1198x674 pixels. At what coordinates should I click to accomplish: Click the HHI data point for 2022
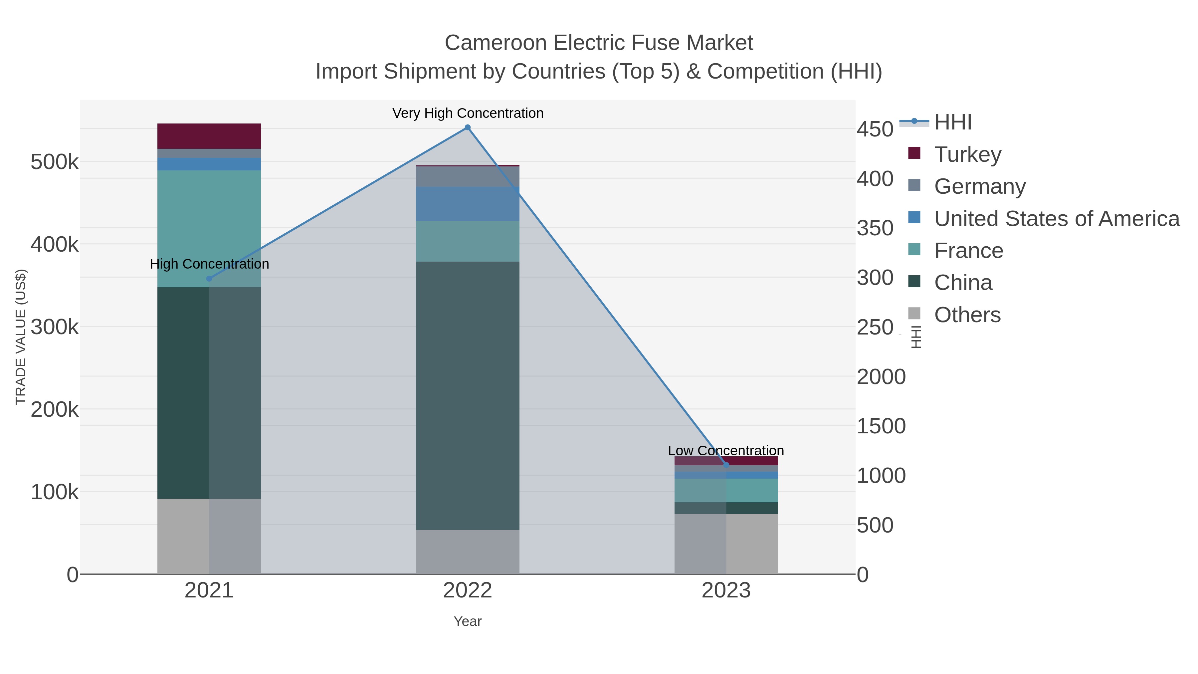468,127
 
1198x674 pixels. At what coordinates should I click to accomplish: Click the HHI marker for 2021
209,279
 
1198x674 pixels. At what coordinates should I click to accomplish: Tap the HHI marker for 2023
726,465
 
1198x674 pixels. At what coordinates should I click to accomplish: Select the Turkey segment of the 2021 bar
209,136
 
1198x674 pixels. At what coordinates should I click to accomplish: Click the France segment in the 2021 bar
209,228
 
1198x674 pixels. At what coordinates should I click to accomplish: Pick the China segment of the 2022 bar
468,395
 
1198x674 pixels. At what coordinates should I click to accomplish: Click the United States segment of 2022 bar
468,204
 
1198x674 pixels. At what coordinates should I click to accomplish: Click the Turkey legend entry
967,154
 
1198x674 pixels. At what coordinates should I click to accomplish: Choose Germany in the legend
979,186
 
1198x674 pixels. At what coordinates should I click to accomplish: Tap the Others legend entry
967,315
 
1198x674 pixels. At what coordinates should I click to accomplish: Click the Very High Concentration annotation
468,113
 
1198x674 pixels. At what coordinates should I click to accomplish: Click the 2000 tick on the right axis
881,377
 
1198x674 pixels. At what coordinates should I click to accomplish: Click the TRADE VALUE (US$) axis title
21,337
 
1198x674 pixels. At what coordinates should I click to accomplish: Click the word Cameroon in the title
495,43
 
